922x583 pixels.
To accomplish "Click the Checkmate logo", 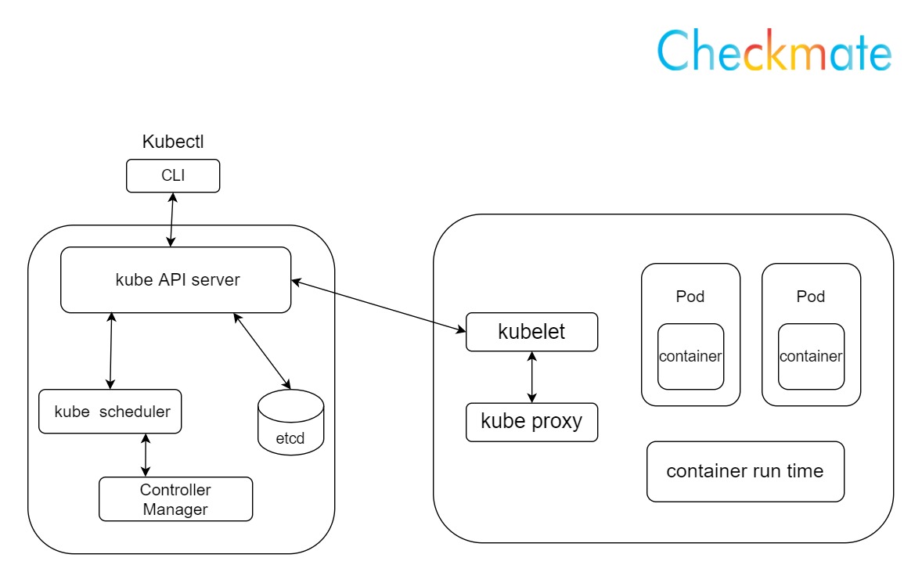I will pos(773,52).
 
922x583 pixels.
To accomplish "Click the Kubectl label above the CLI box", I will pos(173,142).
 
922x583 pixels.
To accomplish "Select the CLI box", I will pos(173,175).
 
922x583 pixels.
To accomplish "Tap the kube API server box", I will pos(176,279).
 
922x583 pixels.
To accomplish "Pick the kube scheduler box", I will pos(110,412).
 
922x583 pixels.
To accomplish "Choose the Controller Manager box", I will pos(175,499).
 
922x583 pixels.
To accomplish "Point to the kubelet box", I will pos(531,332).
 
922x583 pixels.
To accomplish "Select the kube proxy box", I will pos(531,422).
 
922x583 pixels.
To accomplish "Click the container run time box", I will pos(745,471).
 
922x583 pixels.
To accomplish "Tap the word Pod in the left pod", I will pos(690,297).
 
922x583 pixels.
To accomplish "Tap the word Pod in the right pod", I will pos(810,297).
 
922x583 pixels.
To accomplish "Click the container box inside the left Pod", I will pos(690,356).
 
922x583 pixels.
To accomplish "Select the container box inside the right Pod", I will pos(810,356).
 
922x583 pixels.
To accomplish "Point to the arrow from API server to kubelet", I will pos(378,304).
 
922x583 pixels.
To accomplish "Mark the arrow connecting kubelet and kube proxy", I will pos(532,377).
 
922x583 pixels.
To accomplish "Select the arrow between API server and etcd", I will pos(262,350).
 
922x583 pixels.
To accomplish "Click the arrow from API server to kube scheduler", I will pos(111,350).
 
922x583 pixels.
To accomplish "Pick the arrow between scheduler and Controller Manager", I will pos(145,455).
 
